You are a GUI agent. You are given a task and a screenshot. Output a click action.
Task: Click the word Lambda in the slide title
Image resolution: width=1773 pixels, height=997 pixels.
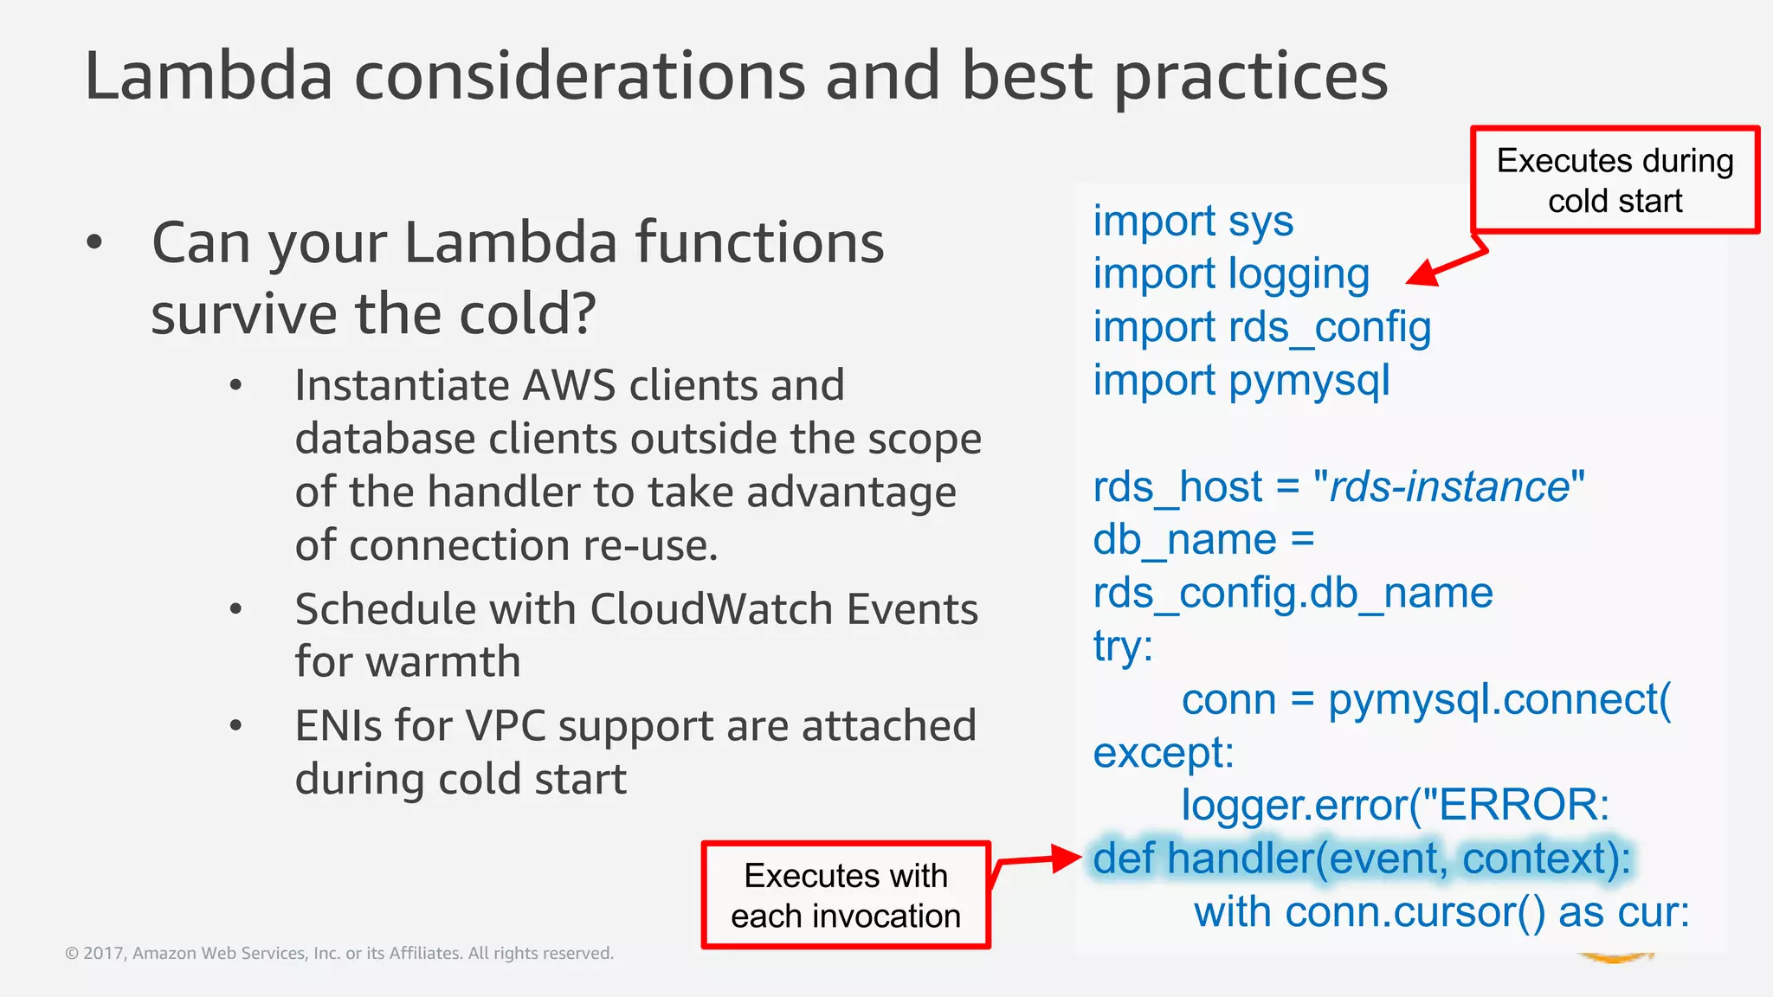coord(209,76)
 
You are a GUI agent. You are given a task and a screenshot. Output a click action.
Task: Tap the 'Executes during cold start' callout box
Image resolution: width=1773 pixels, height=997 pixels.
coord(1615,180)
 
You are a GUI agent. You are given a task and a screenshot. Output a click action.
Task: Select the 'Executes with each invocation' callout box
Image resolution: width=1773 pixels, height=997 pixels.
coord(845,896)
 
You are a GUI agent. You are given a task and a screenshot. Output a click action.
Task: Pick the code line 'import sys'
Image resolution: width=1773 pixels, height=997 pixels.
coord(1192,221)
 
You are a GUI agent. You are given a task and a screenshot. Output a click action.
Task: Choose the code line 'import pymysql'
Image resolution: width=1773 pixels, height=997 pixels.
coord(1241,381)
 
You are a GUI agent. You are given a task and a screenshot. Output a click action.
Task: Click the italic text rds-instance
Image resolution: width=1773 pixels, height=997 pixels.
coord(1448,486)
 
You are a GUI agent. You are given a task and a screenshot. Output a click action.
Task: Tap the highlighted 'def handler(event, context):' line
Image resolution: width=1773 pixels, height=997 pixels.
coord(1361,859)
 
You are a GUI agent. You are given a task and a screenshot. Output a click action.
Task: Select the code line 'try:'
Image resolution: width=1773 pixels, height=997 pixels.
coord(1123,646)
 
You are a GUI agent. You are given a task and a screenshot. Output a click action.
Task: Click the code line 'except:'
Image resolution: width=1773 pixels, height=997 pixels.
coord(1163,752)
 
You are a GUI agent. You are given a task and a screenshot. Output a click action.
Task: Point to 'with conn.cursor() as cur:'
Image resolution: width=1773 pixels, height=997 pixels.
coord(1441,912)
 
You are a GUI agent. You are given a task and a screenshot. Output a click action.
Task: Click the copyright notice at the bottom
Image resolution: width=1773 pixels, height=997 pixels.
coord(339,953)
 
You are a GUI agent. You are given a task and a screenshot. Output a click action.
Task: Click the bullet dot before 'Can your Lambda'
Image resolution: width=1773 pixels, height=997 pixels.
coord(94,243)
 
